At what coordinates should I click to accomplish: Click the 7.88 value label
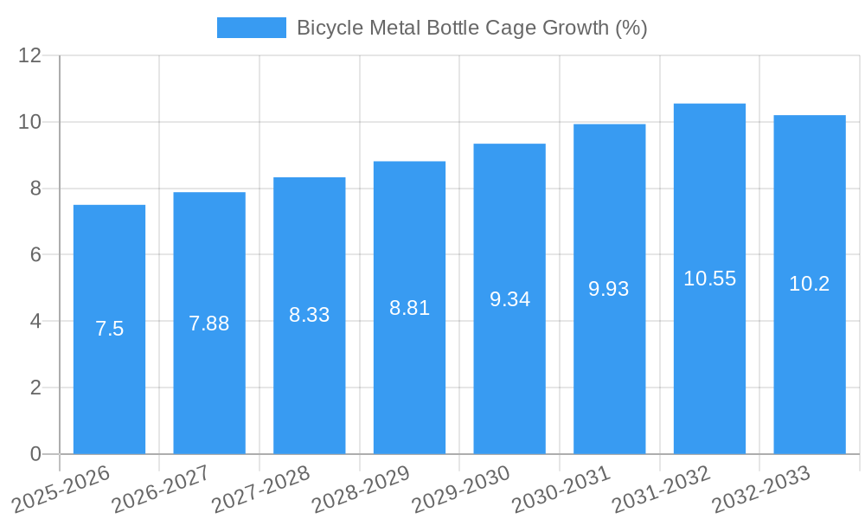[209, 324]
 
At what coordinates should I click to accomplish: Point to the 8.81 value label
[409, 308]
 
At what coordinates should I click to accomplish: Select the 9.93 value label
[609, 289]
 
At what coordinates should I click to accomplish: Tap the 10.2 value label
[809, 284]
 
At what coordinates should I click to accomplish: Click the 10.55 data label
[709, 279]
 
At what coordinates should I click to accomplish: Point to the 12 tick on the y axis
[30, 56]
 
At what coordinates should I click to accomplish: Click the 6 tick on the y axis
[35, 255]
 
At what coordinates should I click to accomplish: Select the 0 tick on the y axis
[35, 454]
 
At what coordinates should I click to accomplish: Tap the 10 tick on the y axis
[30, 122]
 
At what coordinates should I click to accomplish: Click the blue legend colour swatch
[251, 28]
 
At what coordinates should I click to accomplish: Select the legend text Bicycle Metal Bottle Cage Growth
[471, 28]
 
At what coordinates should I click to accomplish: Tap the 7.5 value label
[109, 329]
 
